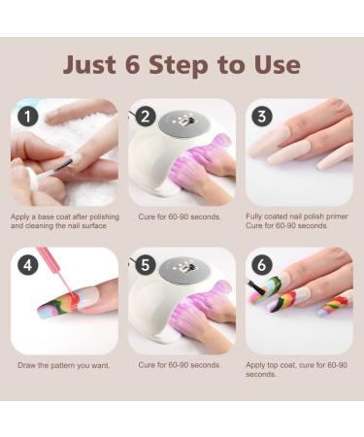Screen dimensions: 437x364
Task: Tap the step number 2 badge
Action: pyautogui.click(x=146, y=116)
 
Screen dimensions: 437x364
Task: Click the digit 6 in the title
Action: pyautogui.click(x=131, y=64)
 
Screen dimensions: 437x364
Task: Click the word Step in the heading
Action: pyautogui.click(x=184, y=65)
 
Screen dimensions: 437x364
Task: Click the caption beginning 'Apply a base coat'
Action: pyautogui.click(x=64, y=219)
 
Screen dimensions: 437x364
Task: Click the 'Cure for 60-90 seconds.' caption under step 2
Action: pyautogui.click(x=180, y=215)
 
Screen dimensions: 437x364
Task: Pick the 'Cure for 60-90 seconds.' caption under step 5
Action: pyautogui.click(x=180, y=365)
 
